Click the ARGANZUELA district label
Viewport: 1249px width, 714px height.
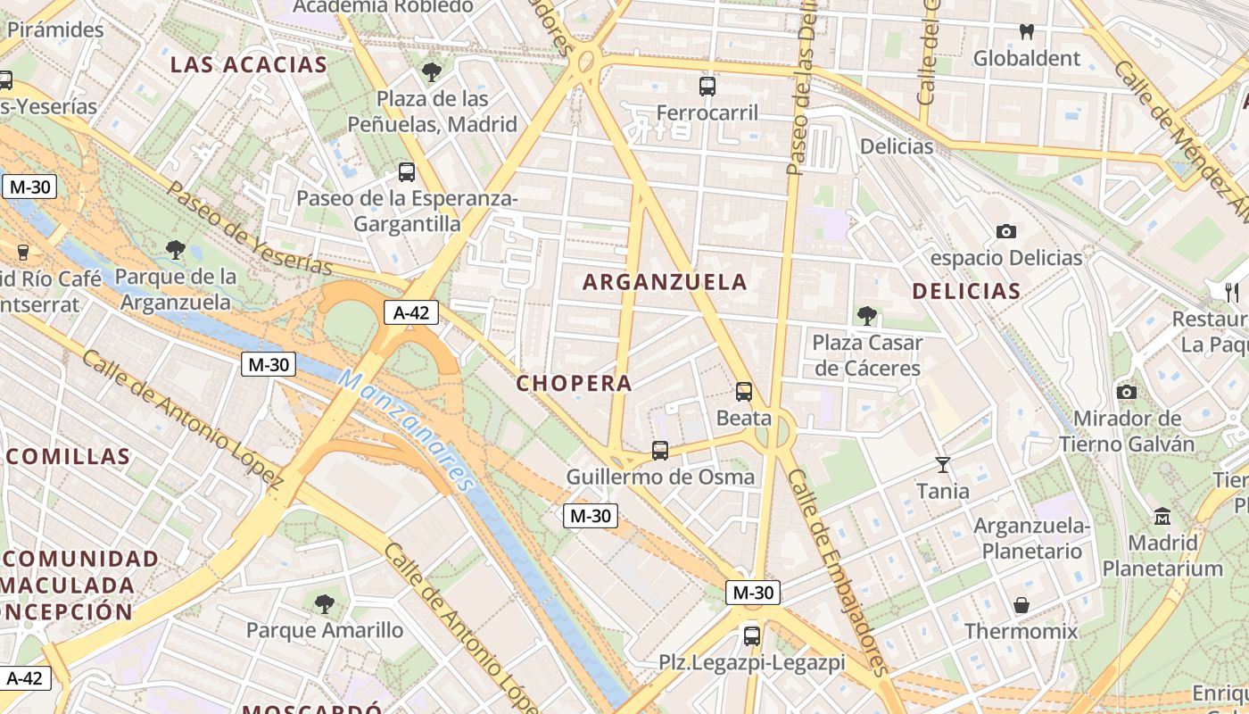pos(665,282)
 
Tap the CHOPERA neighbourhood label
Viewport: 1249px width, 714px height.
pos(574,383)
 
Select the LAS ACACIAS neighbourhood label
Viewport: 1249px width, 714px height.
pos(249,64)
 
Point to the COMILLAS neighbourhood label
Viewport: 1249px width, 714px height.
pos(69,457)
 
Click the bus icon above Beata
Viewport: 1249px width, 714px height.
pos(744,391)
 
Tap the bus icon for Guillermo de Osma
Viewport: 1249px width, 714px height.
pos(660,451)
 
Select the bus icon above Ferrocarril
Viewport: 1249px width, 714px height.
pos(707,87)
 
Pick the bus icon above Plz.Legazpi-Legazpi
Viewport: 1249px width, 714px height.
pos(752,636)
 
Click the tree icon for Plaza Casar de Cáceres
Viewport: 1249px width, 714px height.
pos(866,316)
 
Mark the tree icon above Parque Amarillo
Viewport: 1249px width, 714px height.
pos(325,604)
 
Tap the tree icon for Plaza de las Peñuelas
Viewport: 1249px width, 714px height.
pos(433,72)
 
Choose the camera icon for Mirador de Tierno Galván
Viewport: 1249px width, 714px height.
pos(1127,392)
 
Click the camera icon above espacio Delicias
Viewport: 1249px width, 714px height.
pos(1006,232)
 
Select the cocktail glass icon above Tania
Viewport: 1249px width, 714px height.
pos(943,464)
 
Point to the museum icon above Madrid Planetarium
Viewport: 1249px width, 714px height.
pos(1162,516)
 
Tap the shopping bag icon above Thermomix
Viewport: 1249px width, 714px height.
pos(1022,605)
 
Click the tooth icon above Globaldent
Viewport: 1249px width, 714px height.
pos(1027,31)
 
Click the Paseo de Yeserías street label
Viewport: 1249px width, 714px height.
pos(249,229)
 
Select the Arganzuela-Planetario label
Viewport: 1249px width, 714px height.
pos(1032,538)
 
